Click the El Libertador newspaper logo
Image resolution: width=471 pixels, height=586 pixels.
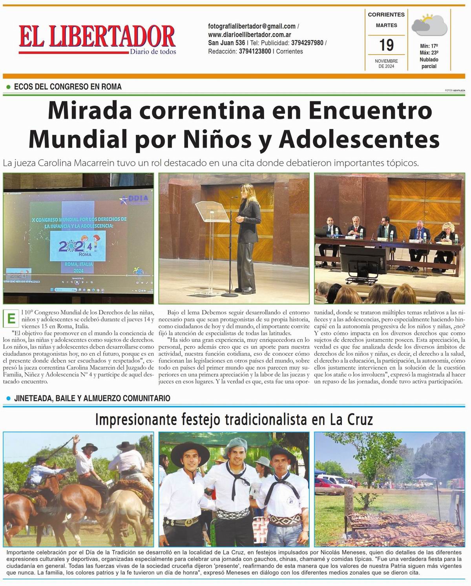point(97,39)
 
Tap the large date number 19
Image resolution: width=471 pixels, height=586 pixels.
point(386,45)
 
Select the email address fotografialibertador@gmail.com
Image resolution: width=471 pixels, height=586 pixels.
point(252,26)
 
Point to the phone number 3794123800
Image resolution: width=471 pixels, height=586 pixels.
point(255,51)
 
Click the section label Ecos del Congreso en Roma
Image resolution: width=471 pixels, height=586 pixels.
point(68,86)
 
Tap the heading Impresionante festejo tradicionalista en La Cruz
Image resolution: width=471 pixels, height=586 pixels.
point(234,420)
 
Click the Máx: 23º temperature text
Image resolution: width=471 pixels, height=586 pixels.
point(429,53)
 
